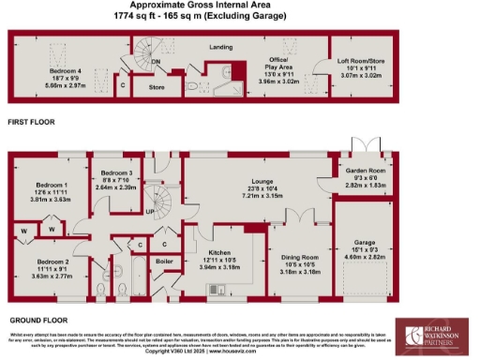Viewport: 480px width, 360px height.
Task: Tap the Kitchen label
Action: point(218,254)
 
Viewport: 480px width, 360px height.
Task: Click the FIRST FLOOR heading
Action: point(30,123)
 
